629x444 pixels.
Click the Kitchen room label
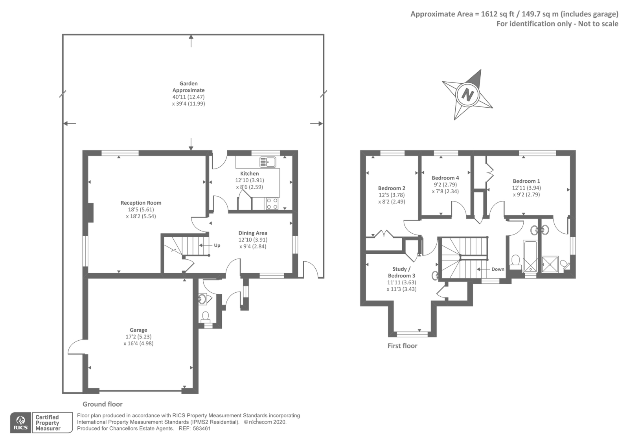(x=249, y=173)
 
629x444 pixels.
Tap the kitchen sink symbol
(x=268, y=162)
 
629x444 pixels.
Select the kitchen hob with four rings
(x=272, y=204)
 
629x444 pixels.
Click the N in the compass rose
(x=467, y=95)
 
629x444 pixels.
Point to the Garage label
(x=138, y=330)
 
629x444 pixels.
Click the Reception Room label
(x=141, y=203)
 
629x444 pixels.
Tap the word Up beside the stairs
(x=217, y=245)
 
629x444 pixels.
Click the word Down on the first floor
(x=498, y=269)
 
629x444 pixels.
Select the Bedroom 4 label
(x=445, y=178)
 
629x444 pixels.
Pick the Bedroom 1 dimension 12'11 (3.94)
(x=526, y=188)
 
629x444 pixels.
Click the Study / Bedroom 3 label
(x=401, y=272)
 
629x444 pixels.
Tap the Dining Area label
(x=253, y=233)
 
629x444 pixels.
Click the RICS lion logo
(x=20, y=423)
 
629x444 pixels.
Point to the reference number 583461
(x=201, y=429)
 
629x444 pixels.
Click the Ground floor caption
(x=103, y=404)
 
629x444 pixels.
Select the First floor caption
(x=403, y=346)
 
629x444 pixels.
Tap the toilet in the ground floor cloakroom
(x=206, y=317)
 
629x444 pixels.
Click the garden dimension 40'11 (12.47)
(x=188, y=97)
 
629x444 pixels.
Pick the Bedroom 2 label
(x=392, y=188)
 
